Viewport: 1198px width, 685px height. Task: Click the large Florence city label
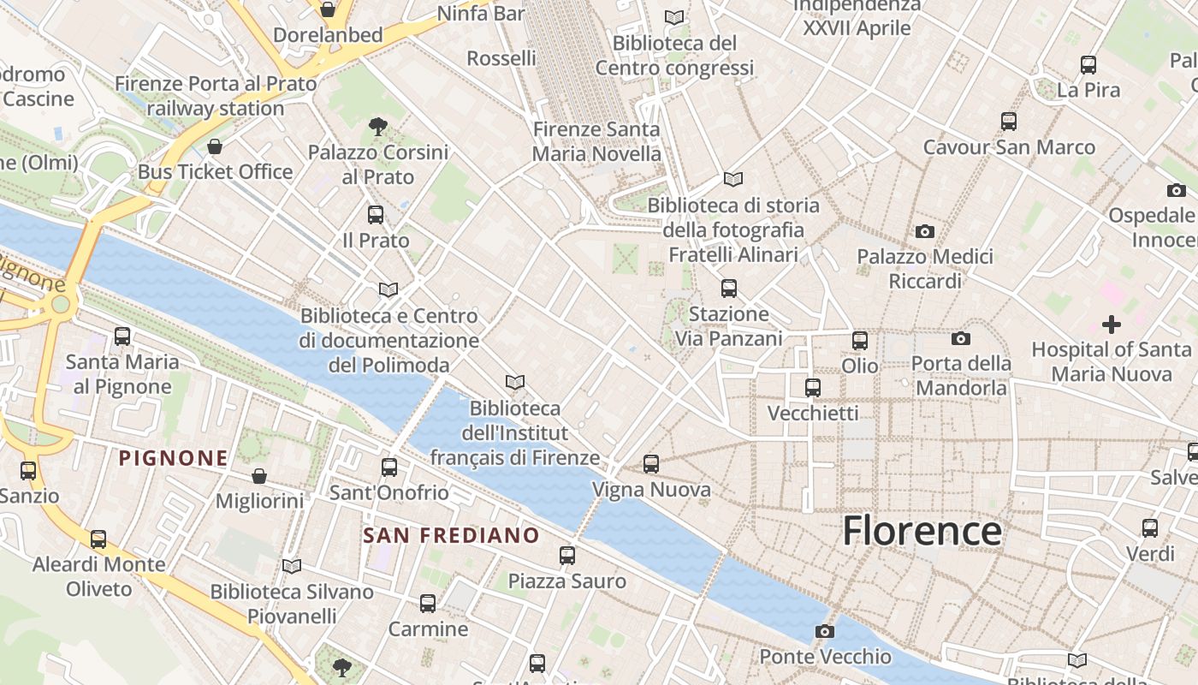(922, 531)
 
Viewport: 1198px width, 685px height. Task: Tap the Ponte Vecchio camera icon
(824, 631)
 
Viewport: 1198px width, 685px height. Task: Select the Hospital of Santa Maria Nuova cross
(1111, 325)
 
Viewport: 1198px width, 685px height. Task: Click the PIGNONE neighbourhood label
(174, 458)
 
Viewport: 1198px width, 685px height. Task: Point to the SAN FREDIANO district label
(451, 536)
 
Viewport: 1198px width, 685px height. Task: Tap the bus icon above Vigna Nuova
(651, 464)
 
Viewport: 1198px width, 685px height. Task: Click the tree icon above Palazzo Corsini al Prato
(377, 127)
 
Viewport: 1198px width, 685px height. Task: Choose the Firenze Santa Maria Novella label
(596, 142)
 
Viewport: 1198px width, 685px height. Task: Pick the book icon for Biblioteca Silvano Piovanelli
(292, 566)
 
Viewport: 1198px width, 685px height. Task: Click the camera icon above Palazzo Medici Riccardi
(924, 231)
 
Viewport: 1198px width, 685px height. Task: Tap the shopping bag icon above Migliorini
(259, 475)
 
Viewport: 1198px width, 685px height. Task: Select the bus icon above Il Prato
(376, 215)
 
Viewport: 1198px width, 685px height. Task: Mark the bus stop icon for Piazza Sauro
(567, 555)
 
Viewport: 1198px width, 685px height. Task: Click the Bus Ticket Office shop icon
(215, 146)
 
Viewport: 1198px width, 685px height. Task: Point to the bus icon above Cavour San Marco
(1009, 122)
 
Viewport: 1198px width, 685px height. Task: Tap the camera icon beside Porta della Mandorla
(961, 338)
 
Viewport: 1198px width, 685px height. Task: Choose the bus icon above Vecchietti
(813, 388)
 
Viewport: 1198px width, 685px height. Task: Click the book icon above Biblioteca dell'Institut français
(514, 382)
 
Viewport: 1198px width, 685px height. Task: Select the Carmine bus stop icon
(428, 604)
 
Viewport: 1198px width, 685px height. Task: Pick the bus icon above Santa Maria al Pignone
(122, 337)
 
